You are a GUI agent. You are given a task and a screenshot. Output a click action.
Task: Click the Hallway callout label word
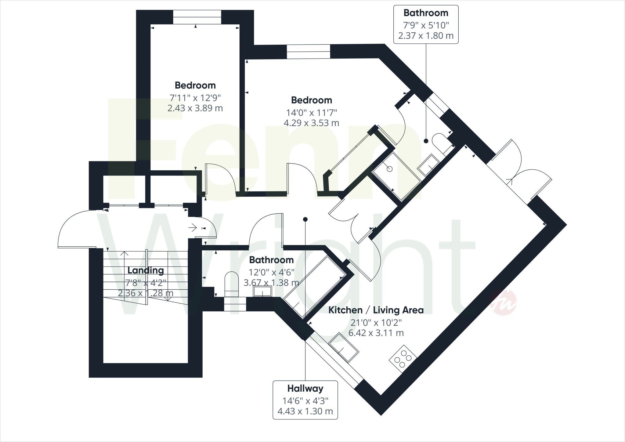point(305,389)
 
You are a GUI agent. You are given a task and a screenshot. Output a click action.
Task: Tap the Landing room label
point(146,270)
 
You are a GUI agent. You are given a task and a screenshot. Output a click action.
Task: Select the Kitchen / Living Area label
point(376,310)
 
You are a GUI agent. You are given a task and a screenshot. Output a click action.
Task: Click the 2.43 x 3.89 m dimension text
point(195,108)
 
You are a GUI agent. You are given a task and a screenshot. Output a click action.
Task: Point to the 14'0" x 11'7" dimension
point(312,112)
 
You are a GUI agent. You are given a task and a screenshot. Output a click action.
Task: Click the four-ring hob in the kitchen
point(403,359)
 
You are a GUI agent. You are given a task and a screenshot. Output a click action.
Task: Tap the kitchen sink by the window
point(344,347)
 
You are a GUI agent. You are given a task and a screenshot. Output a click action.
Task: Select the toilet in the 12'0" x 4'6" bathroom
point(232,284)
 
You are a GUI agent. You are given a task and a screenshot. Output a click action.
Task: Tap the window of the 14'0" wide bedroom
point(309,52)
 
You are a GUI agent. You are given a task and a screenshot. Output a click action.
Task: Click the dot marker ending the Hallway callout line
point(305,219)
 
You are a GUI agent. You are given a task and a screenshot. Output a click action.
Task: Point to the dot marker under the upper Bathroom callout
point(426,141)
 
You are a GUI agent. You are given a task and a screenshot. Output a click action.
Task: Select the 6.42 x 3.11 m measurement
point(376,333)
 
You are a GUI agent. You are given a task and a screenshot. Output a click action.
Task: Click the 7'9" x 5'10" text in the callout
point(426,24)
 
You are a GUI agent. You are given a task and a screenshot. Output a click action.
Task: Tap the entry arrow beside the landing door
point(193,227)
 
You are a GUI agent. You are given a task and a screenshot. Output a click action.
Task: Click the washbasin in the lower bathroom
point(262,291)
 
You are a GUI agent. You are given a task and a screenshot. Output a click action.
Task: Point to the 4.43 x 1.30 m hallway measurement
point(305,411)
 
